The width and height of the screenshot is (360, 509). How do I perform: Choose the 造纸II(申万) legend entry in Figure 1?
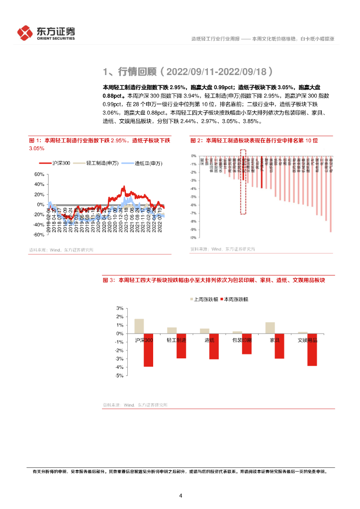click(144, 163)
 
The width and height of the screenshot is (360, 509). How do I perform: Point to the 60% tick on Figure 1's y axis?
click(39, 174)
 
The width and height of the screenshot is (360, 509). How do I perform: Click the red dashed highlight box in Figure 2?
click(243, 181)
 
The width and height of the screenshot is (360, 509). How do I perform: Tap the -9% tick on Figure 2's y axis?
click(193, 229)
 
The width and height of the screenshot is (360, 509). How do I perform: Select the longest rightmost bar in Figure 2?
click(331, 199)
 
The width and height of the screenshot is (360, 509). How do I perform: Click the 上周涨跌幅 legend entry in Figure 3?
click(204, 300)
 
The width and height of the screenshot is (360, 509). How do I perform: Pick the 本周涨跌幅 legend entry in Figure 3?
click(236, 300)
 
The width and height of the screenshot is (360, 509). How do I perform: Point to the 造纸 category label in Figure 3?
click(209, 340)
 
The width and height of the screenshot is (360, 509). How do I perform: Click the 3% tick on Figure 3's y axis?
click(119, 309)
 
